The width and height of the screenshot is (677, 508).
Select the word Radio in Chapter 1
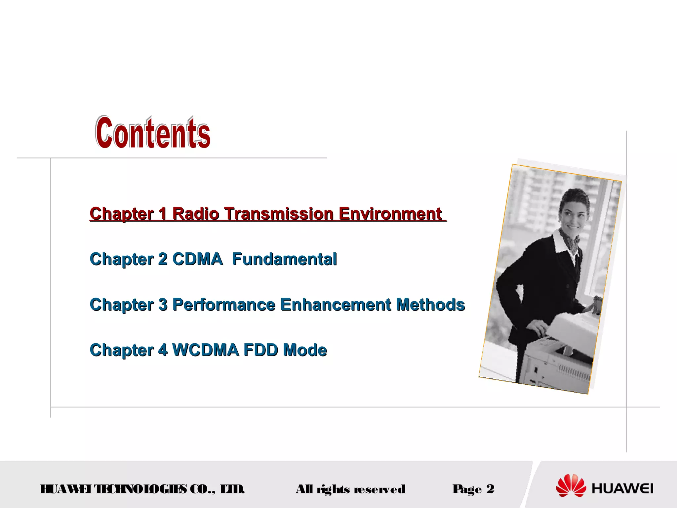click(196, 214)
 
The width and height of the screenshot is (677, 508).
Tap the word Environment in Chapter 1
click(390, 214)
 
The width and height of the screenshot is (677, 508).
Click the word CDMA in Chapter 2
click(197, 259)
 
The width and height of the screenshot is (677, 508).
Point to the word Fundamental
click(284, 259)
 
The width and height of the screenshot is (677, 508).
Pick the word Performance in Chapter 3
click(224, 305)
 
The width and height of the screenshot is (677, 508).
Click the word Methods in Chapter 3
click(430, 305)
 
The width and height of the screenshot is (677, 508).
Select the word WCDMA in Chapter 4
click(205, 350)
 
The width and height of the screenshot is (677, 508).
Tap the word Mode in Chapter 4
click(305, 350)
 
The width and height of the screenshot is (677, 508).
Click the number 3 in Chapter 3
click(163, 305)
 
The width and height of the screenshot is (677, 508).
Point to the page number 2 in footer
click(490, 489)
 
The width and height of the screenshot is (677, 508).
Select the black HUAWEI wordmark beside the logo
click(622, 489)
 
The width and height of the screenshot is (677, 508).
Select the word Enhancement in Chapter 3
click(336, 305)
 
